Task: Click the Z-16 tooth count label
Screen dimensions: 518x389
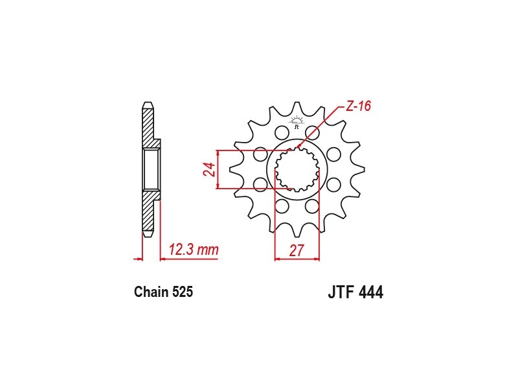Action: pyautogui.click(x=359, y=106)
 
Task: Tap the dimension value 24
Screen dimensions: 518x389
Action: pyautogui.click(x=209, y=169)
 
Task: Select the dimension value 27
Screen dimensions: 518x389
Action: pyautogui.click(x=297, y=250)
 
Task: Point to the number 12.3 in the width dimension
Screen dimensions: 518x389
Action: pyautogui.click(x=181, y=250)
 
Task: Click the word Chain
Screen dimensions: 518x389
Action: pyautogui.click(x=152, y=292)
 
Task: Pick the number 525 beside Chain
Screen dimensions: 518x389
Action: pyautogui.click(x=183, y=292)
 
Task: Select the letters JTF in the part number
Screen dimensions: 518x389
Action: pyautogui.click(x=341, y=292)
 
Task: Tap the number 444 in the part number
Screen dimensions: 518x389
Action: pyautogui.click(x=371, y=292)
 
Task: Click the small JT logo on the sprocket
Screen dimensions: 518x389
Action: pyautogui.click(x=297, y=122)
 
